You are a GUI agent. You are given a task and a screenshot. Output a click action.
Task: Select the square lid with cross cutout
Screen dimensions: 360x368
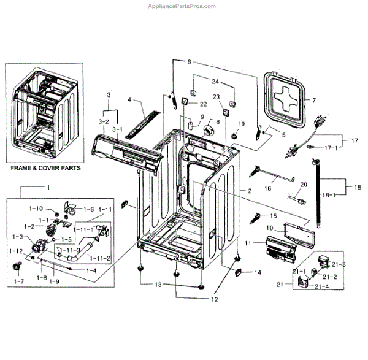click(283, 98)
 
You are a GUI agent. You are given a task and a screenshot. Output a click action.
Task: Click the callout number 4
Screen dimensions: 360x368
click(129, 99)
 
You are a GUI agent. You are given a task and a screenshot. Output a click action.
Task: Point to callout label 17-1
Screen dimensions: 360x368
click(331, 148)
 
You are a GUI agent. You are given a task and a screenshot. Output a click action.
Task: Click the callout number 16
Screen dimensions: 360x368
click(267, 190)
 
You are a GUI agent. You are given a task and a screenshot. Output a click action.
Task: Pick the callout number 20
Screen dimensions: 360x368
click(303, 184)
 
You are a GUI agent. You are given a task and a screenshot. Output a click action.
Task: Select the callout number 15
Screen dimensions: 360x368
click(274, 216)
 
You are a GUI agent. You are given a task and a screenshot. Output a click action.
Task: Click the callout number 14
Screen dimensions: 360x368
click(258, 272)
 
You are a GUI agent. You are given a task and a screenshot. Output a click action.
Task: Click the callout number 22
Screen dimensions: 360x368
click(203, 104)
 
